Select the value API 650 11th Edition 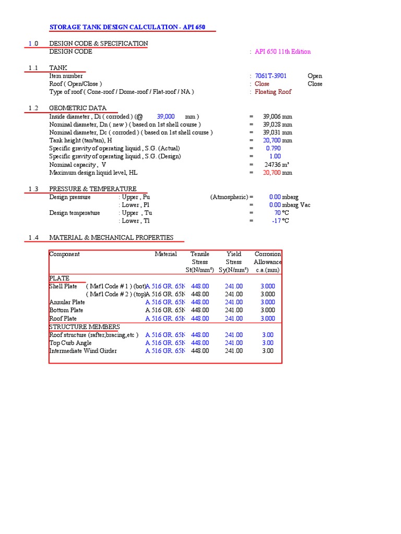point(282,52)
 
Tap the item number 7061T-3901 point(270,76)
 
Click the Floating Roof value point(273,92)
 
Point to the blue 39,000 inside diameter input point(166,117)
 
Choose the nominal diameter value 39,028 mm point(277,125)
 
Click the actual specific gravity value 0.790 point(273,149)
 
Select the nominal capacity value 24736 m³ point(277,165)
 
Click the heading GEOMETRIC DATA point(78,108)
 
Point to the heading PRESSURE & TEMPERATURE point(93,189)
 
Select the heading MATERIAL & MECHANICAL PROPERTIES point(111,238)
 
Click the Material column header point(166,254)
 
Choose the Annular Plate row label point(67,302)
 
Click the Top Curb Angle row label point(70,343)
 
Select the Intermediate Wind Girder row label point(83,351)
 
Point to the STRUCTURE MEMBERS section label point(77,327)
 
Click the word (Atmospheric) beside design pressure point(229,197)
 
